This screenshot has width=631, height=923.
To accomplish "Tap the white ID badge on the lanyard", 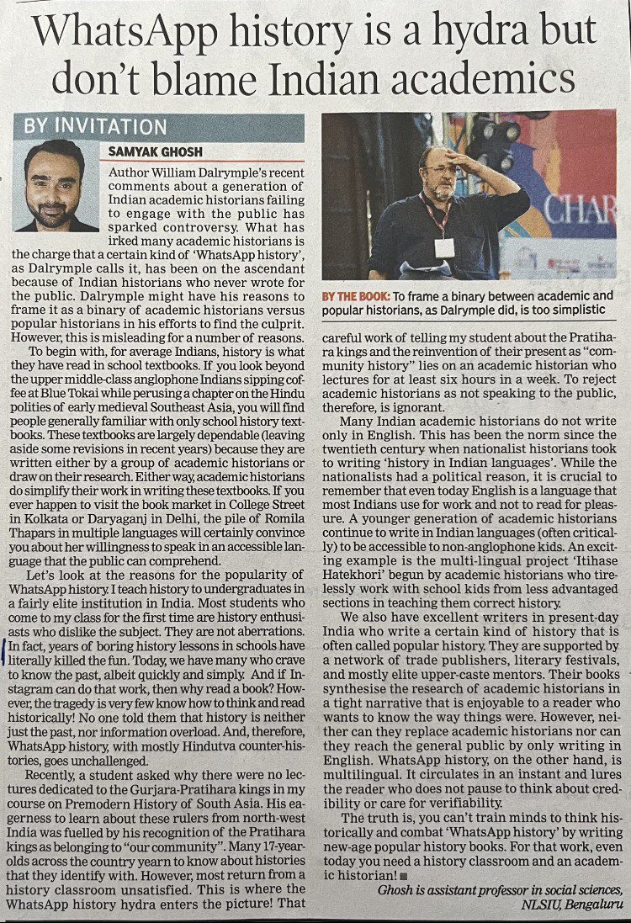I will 445,247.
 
